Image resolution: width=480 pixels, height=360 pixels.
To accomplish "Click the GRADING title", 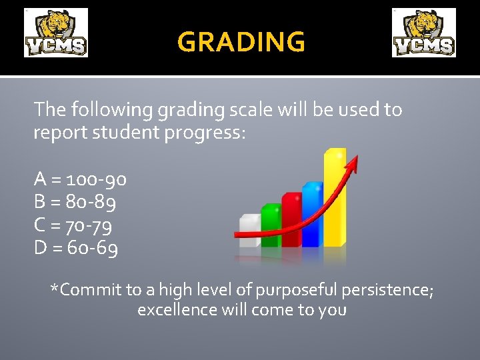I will coord(241,42).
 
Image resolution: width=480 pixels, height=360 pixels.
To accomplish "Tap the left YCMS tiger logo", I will coord(56,33).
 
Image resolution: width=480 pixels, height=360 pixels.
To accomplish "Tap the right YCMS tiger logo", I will coord(424,33).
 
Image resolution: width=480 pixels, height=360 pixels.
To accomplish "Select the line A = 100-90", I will coord(80,179).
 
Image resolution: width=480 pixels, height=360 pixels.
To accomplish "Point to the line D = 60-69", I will coord(76,249).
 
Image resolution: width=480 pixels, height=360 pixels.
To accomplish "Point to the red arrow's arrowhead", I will coord(351,162).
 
